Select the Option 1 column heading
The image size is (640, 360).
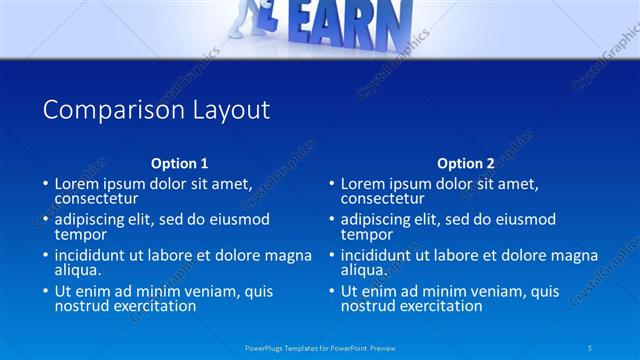pos(180,163)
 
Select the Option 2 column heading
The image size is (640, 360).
pos(466,163)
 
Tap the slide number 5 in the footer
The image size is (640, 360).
pos(591,347)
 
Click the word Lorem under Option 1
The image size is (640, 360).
pos(77,184)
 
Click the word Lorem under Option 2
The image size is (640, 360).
pos(363,184)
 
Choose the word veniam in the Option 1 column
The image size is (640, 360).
pos(232,292)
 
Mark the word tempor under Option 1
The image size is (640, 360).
pos(79,234)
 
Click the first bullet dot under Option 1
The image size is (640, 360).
pos(45,185)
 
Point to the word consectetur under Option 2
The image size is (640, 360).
pos(383,198)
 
